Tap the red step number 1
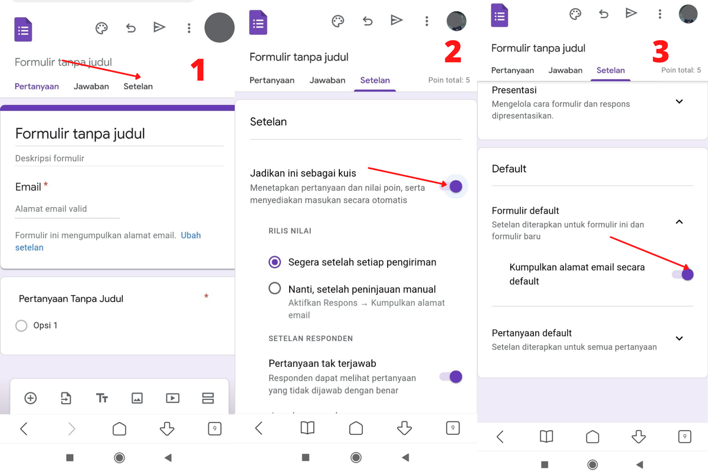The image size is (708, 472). pyautogui.click(x=198, y=70)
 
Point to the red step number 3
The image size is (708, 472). pyautogui.click(x=660, y=52)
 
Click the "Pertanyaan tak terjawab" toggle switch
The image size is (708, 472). pyautogui.click(x=452, y=376)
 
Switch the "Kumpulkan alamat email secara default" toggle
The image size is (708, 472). pyautogui.click(x=683, y=274)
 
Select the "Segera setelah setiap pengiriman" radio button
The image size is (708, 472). pyautogui.click(x=275, y=262)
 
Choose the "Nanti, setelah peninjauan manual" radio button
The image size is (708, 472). pyautogui.click(x=275, y=289)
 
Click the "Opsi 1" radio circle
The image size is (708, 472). pyautogui.click(x=22, y=326)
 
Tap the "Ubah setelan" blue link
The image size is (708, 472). pyautogui.click(x=190, y=235)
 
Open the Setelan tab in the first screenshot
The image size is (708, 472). pyautogui.click(x=138, y=86)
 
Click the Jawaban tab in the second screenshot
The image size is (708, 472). pyautogui.click(x=327, y=80)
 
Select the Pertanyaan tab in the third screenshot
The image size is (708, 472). pyautogui.click(x=513, y=70)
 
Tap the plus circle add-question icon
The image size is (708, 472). pyautogui.click(x=31, y=398)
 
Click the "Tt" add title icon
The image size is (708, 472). pyautogui.click(x=101, y=398)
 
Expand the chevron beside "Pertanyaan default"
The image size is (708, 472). pyautogui.click(x=679, y=339)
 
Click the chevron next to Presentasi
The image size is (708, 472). pyautogui.click(x=679, y=101)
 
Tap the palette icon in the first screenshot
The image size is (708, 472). pyautogui.click(x=101, y=28)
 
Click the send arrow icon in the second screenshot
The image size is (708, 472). pyautogui.click(x=396, y=21)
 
